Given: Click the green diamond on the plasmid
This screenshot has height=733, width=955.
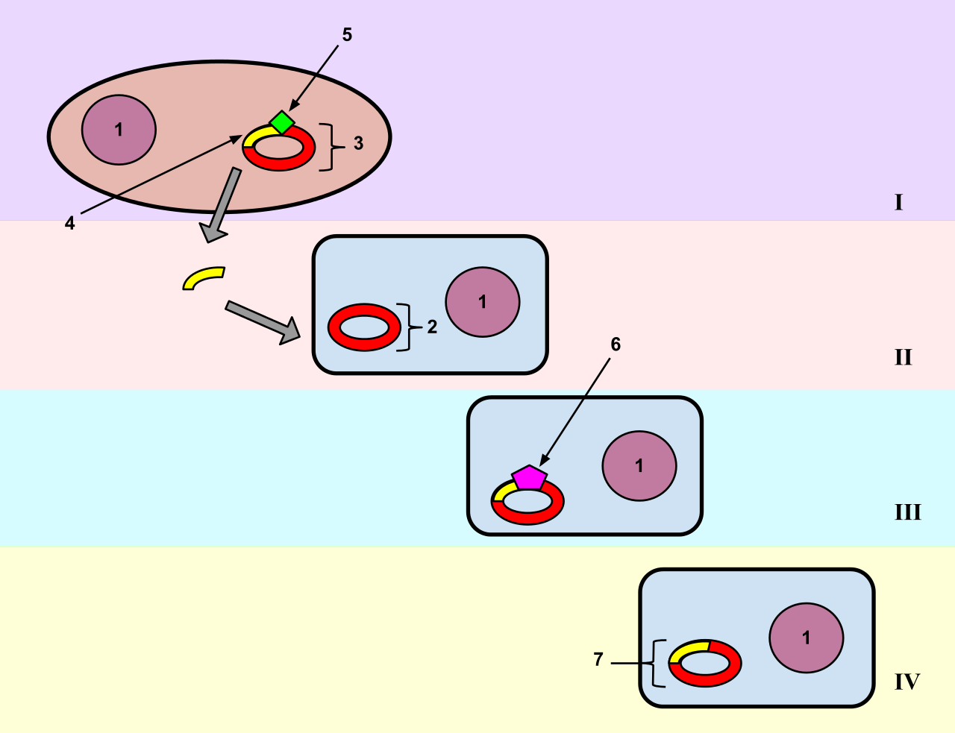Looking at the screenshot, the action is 282,122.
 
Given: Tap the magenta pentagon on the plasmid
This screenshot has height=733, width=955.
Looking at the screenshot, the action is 530,477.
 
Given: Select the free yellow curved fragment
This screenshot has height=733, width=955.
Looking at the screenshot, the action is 204,277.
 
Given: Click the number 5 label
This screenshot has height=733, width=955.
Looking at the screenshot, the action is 347,35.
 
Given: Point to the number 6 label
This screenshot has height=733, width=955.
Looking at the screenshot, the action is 616,345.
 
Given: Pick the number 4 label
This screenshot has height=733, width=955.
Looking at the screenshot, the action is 69,224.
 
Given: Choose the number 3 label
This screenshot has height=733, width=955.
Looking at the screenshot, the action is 359,143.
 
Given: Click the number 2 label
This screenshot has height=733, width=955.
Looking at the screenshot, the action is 432,327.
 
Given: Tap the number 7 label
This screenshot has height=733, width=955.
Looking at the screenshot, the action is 598,659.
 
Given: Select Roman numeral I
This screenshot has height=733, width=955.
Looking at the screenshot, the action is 899,203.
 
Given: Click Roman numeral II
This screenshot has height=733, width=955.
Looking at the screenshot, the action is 903,357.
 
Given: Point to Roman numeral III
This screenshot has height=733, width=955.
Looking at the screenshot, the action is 908,512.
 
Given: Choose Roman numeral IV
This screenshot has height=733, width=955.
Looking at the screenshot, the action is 907,682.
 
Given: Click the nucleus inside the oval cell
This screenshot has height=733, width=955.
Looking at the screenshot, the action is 119,130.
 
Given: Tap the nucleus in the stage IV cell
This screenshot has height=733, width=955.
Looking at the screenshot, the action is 806,638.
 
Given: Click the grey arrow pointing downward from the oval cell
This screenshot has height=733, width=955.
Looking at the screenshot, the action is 219,204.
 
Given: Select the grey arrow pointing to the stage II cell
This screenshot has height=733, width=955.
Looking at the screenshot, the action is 263,322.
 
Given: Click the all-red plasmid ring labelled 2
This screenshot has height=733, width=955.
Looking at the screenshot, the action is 364,327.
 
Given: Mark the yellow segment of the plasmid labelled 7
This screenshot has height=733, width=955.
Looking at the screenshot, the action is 687,651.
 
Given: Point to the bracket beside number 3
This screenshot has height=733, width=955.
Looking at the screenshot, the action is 332,147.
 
